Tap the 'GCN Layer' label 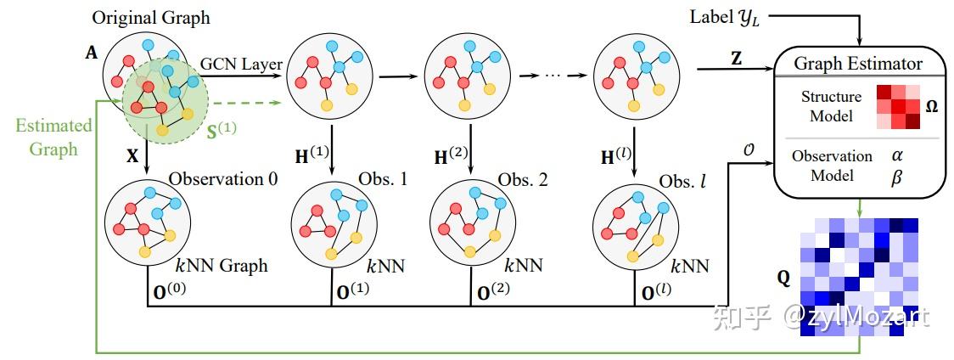click(242, 64)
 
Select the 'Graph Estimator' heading click(858, 64)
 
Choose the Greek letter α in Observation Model click(897, 156)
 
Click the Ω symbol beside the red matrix click(931, 106)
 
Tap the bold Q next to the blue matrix click(784, 279)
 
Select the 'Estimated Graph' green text click(54, 137)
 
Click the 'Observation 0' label click(223, 178)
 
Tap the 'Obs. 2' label click(523, 179)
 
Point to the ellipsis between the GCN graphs click(551, 76)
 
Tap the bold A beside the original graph click(92, 53)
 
